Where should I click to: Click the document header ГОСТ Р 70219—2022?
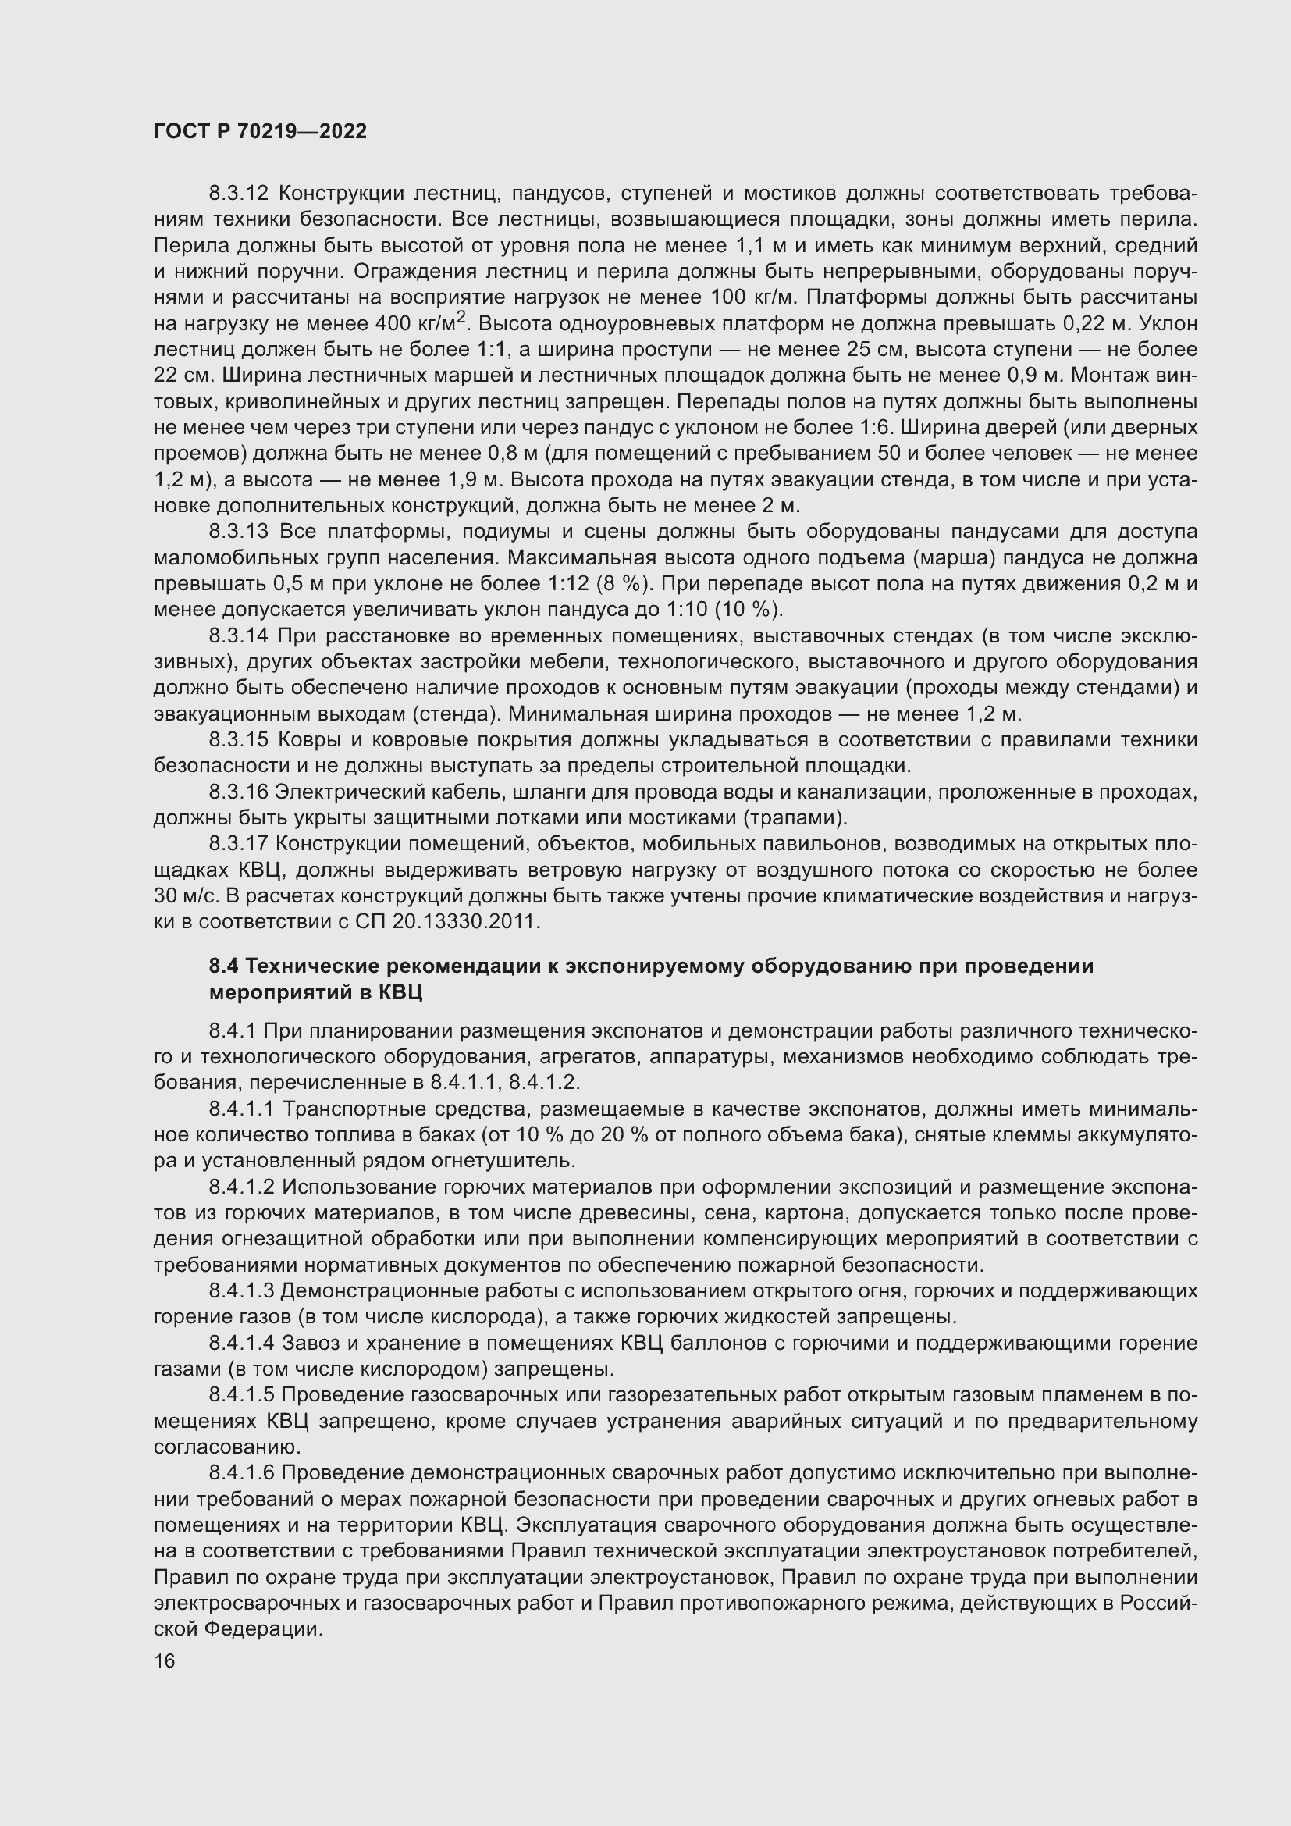click(x=260, y=131)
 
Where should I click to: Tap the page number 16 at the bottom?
click(x=165, y=1660)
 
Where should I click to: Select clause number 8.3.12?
click(x=240, y=194)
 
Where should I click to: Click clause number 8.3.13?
click(x=240, y=532)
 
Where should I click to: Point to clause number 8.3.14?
click(x=240, y=636)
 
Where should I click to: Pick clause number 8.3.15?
click(x=240, y=740)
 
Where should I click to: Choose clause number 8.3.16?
click(x=240, y=792)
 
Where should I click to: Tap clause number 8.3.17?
click(x=240, y=845)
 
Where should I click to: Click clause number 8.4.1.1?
click(x=243, y=1109)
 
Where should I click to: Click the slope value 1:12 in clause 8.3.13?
click(x=569, y=584)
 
